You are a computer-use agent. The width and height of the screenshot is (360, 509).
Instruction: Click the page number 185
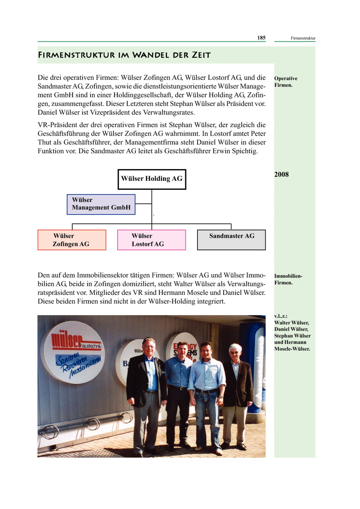(x=261, y=38)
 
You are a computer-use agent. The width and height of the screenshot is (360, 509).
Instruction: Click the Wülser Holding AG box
(x=152, y=179)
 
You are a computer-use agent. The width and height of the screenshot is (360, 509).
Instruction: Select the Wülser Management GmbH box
(x=101, y=204)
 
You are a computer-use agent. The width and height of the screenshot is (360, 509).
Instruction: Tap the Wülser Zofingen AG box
(x=72, y=240)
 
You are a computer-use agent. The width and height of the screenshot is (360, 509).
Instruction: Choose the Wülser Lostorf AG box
(x=151, y=240)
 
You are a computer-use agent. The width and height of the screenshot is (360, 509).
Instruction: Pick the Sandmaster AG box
(x=231, y=240)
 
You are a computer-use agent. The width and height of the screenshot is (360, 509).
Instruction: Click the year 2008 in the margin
(x=281, y=175)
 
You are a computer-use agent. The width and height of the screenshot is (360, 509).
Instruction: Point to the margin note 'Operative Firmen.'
(x=285, y=82)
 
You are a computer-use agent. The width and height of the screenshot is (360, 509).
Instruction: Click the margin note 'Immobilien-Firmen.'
(x=288, y=279)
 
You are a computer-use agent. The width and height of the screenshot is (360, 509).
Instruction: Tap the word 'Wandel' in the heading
(x=151, y=55)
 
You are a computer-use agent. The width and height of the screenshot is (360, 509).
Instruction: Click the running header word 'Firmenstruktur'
(x=303, y=38)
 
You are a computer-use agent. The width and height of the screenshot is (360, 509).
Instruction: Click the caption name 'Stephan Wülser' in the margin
(x=292, y=336)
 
